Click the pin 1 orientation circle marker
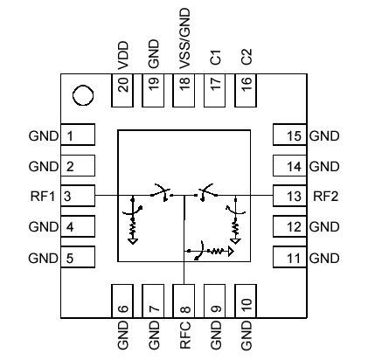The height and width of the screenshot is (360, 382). point(81,93)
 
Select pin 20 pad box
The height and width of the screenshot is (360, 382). point(122,86)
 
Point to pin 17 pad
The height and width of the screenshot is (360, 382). point(214,86)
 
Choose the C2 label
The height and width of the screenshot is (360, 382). point(246,58)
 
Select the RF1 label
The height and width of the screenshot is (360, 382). point(44,196)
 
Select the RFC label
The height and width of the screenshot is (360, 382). point(184,338)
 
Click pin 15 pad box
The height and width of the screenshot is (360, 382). point(289,135)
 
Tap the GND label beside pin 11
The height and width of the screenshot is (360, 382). point(324,258)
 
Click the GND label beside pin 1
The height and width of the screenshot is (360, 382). point(43,135)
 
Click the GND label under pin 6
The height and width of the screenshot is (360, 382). point(122,338)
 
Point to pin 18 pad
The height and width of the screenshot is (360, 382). point(184,86)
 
